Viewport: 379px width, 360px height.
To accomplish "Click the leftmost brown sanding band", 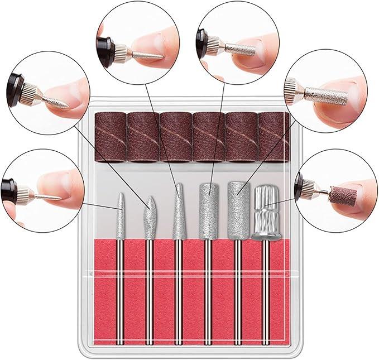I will click(x=112, y=136).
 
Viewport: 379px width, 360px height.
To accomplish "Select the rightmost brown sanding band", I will click(x=274, y=136).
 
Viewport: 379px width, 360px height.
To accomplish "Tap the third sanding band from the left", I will click(x=176, y=136).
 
